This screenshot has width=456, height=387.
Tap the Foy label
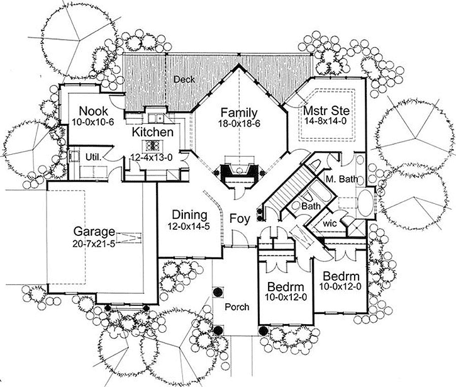[238, 220]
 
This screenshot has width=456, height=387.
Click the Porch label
[236, 307]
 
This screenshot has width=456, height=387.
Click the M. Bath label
[342, 179]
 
